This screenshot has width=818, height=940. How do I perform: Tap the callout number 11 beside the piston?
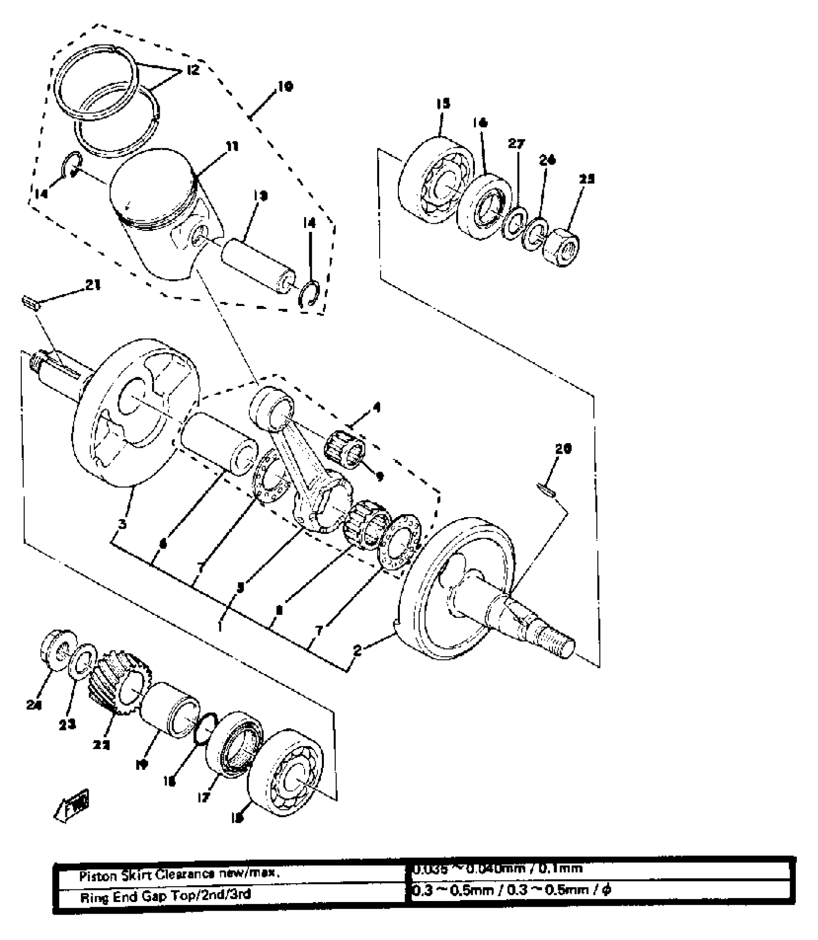click(232, 147)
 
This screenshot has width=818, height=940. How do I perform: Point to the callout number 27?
click(517, 143)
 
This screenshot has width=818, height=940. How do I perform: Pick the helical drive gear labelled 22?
click(115, 682)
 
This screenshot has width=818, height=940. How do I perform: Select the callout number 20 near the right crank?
click(563, 449)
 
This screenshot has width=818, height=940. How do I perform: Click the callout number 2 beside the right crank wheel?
click(357, 651)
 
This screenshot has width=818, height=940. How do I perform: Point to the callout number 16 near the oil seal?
click(480, 123)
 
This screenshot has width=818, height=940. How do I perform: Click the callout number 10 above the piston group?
click(284, 88)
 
